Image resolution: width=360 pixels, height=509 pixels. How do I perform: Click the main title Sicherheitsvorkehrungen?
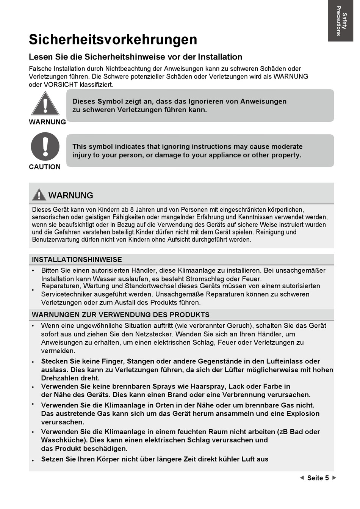pyautogui.click(x=113, y=39)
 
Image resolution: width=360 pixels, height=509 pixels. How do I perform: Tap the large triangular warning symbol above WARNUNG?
pyautogui.click(x=45, y=104)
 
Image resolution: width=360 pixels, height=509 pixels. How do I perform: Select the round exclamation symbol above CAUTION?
pyautogui.click(x=45, y=146)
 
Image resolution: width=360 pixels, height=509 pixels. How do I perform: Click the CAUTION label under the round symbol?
pyautogui.click(x=45, y=167)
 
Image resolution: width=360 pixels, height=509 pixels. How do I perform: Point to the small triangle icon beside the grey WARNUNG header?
pyautogui.click(x=39, y=195)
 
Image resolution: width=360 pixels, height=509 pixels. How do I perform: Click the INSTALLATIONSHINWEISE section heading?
pyautogui.click(x=77, y=260)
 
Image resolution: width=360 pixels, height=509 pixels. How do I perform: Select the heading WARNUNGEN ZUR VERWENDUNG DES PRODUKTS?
pyautogui.click(x=121, y=315)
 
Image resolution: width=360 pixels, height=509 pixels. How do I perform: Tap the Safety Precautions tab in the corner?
pyautogui.click(x=341, y=21)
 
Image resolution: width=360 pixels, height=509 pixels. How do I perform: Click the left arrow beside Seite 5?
pyautogui.click(x=302, y=478)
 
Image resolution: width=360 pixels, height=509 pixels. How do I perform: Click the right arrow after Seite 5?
pyautogui.click(x=334, y=478)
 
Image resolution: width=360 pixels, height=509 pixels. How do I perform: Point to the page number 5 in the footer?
pyautogui.click(x=327, y=478)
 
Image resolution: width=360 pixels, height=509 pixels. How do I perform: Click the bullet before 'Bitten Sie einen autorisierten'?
pyautogui.click(x=33, y=271)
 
